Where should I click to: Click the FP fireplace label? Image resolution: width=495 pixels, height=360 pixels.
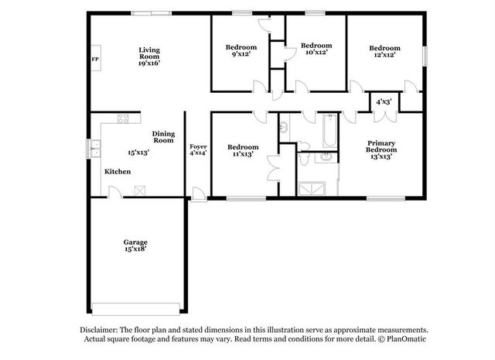click(95, 60)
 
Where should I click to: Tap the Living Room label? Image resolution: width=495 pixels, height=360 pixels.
click(148, 53)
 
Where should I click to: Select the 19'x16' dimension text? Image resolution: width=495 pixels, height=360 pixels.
click(148, 64)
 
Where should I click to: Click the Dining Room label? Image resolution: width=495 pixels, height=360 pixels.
click(163, 136)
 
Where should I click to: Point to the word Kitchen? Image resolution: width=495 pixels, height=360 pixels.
click(118, 172)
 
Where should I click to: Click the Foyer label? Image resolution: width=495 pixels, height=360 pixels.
click(198, 146)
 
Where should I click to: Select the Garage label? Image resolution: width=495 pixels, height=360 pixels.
click(135, 242)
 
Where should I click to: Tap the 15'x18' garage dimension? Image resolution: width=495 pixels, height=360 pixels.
click(135, 249)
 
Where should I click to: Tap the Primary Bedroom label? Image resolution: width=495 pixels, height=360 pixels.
click(381, 146)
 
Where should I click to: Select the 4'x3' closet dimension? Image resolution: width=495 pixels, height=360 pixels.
click(384, 102)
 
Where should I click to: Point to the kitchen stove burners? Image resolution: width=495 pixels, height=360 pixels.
click(122, 118)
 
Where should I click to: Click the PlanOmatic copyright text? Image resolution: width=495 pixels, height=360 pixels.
click(402, 339)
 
